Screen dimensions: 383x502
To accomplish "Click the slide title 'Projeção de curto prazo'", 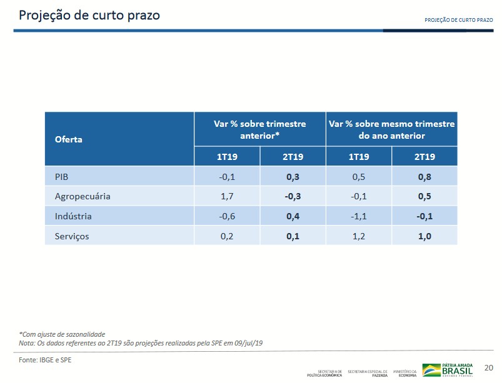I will [89, 15].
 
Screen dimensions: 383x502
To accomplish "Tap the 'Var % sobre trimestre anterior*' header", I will [259, 129].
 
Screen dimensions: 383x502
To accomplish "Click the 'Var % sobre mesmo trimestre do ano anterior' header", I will [391, 129].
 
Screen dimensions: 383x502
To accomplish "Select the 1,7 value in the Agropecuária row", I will [228, 196].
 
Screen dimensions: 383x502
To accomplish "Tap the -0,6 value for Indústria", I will [228, 216].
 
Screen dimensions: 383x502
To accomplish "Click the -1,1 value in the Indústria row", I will [359, 216].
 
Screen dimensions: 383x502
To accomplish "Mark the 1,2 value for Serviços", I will [359, 236].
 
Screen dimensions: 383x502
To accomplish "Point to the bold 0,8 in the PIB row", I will [424, 177].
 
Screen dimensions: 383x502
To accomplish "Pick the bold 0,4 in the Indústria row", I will [293, 216].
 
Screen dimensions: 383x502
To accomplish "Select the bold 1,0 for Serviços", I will [424, 236].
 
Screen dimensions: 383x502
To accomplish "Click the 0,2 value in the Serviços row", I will [228, 236].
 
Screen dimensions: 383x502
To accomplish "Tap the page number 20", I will [489, 367].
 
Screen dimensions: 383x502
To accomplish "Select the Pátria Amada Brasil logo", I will [448, 370].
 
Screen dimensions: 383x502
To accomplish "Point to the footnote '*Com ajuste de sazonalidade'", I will [61, 334].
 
